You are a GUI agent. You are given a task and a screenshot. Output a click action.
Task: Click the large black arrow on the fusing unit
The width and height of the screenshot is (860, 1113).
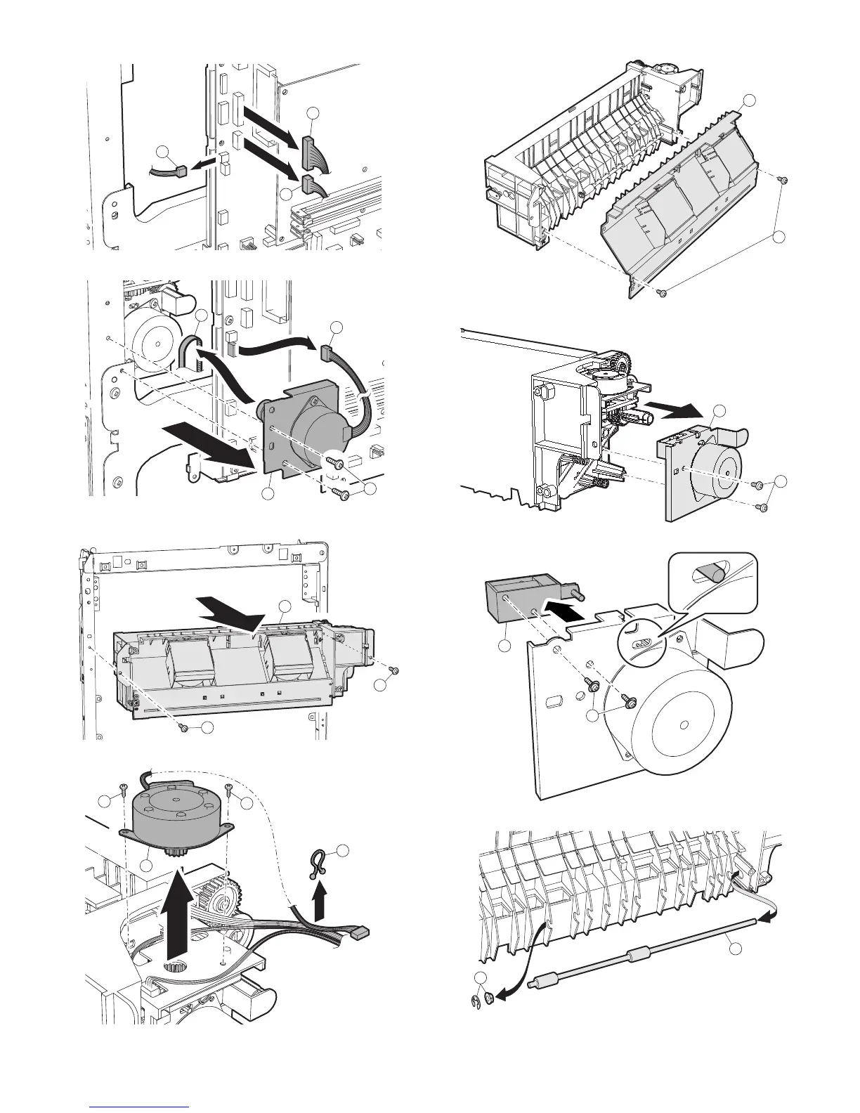pyautogui.click(x=228, y=609)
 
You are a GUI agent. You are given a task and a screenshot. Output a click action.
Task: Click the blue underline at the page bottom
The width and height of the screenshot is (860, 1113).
pyautogui.click(x=141, y=1106)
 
